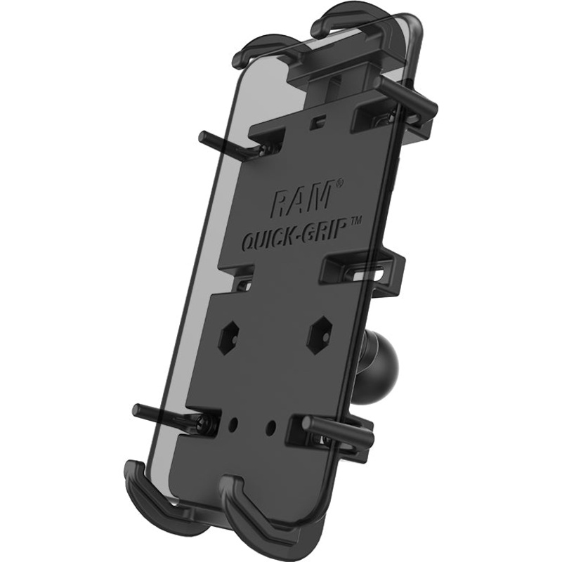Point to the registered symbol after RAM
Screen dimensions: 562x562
(339, 184)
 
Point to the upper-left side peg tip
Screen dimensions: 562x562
(204, 136)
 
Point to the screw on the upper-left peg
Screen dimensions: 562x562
(264, 149)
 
